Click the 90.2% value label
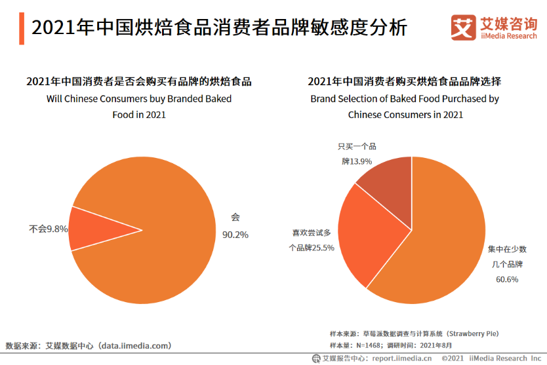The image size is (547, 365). tap(235, 235)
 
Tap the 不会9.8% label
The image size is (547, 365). tap(49, 229)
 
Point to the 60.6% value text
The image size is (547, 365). tap(507, 279)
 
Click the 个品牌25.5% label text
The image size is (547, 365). tap(312, 248)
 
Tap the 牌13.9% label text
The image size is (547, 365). tap(357, 161)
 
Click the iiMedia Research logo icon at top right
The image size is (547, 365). tap(463, 26)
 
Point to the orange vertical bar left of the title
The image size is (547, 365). tap(22, 28)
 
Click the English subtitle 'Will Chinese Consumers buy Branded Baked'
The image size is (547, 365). tap(138, 99)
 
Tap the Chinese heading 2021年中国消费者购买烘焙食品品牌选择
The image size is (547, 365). tap(405, 82)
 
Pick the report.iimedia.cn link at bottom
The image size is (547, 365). tap(402, 358)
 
